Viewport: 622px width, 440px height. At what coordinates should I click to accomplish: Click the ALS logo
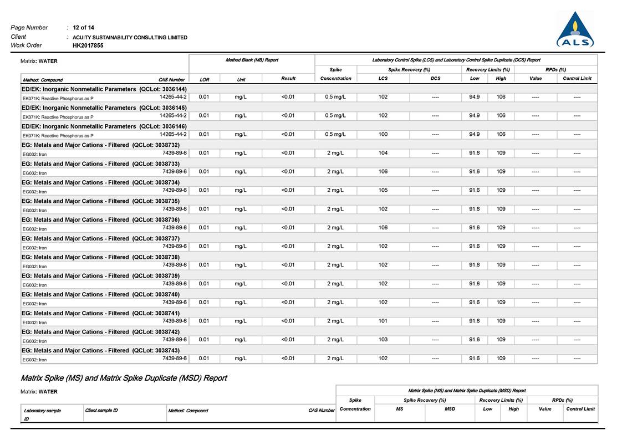[x=575, y=30]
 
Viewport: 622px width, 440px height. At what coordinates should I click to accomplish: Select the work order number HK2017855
[x=88, y=45]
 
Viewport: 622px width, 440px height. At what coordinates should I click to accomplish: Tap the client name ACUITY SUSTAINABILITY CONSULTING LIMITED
[x=130, y=37]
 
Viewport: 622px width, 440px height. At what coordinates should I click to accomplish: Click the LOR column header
[x=205, y=79]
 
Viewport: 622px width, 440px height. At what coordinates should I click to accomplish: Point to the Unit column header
[x=241, y=79]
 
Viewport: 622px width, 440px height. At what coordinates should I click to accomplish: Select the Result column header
[x=288, y=79]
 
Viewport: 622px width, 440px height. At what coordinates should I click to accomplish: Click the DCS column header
[x=435, y=79]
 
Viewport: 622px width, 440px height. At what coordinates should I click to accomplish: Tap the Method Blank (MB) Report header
[x=252, y=60]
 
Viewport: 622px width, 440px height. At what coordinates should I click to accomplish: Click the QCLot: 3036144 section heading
[x=104, y=89]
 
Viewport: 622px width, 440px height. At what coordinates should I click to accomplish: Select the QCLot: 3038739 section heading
[x=104, y=275]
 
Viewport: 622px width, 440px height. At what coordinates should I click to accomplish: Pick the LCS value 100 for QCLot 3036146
[x=383, y=134]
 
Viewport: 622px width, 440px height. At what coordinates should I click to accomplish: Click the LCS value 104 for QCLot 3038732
[x=383, y=153]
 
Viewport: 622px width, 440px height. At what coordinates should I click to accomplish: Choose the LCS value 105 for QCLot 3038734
[x=383, y=190]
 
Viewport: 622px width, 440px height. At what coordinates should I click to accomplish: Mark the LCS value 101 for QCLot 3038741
[x=383, y=321]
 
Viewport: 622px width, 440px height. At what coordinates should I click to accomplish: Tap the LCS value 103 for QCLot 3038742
[x=383, y=339]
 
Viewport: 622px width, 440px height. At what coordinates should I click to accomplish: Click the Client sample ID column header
[x=101, y=410]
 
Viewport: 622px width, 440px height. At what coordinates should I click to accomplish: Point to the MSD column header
[x=450, y=409]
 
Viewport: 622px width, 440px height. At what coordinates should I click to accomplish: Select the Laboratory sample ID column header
[x=42, y=411]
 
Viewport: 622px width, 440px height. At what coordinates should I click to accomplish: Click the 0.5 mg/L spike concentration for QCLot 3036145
[x=335, y=116]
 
